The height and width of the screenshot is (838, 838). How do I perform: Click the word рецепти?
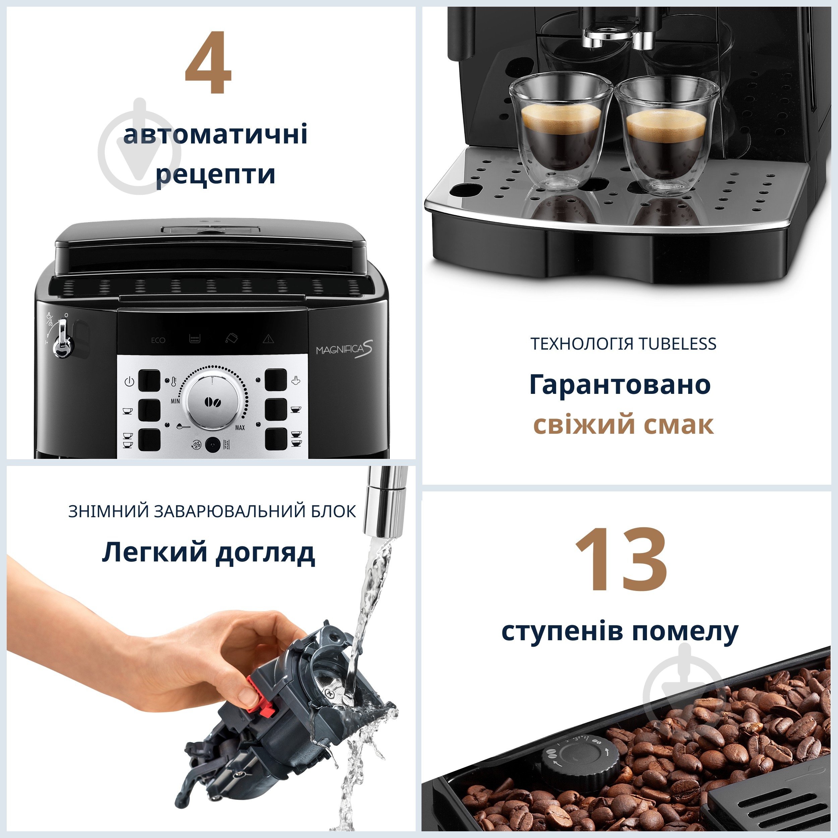(x=216, y=174)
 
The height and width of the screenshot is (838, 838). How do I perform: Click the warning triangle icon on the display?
(x=268, y=339)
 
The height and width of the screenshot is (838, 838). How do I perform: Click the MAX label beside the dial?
(x=240, y=428)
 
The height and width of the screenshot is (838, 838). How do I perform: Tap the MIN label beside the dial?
(x=175, y=401)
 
